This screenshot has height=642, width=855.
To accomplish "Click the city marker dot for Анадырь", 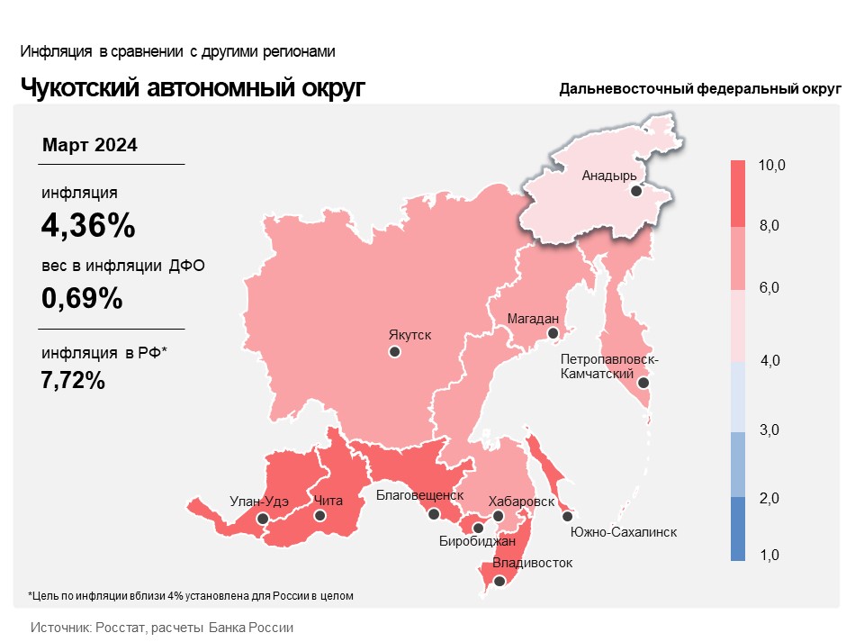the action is tap(635, 191).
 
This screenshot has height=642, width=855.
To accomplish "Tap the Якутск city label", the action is tap(409, 334).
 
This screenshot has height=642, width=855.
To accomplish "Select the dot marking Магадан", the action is tap(553, 333).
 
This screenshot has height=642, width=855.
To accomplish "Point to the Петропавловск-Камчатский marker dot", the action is tap(643, 383).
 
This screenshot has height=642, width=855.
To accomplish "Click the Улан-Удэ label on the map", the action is tap(259, 501).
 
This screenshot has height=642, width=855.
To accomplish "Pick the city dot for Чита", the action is tap(320, 515).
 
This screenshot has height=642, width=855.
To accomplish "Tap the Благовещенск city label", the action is tap(420, 494).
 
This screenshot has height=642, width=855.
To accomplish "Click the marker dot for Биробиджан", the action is tap(478, 528).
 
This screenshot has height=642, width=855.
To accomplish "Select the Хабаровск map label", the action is tap(521, 502).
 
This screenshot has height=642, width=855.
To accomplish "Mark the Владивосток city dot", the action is tap(499, 581).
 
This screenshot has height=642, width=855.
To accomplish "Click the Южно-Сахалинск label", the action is tap(624, 532).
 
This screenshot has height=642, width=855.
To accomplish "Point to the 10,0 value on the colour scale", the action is tap(771, 165).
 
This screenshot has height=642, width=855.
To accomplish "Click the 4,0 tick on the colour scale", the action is tap(769, 360).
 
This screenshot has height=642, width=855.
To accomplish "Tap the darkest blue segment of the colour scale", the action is tap(738, 529).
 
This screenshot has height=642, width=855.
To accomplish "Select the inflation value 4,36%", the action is tap(88, 225).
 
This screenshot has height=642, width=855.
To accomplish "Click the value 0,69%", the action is tap(82, 298).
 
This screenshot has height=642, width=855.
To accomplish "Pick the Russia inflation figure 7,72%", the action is tap(73, 380).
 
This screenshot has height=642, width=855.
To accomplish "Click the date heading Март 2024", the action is tap(90, 145).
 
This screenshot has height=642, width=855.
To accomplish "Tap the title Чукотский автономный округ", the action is tap(193, 88).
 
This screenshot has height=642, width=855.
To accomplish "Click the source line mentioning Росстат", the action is tap(162, 628).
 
